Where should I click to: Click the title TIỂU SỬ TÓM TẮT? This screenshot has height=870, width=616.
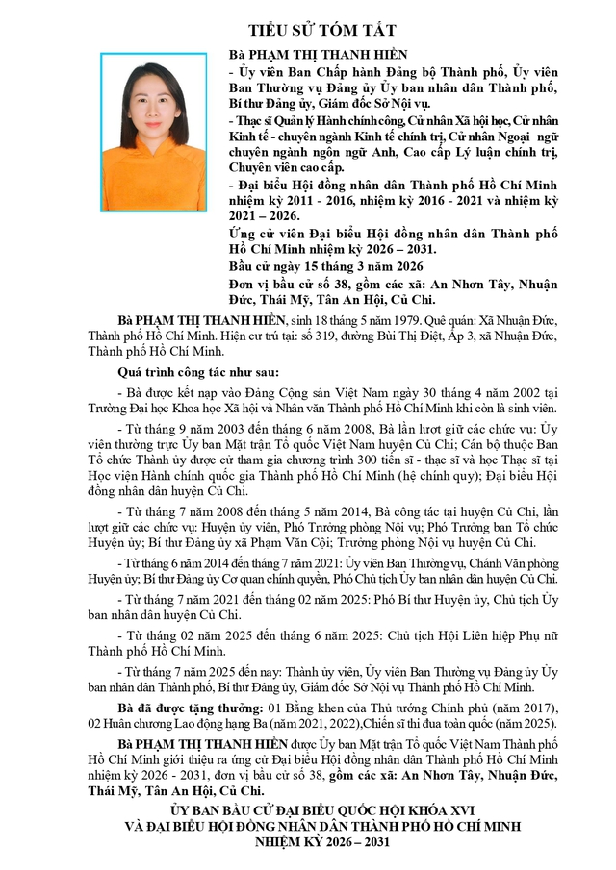click(x=309, y=31)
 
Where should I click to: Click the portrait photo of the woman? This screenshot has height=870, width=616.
click(x=153, y=132)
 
